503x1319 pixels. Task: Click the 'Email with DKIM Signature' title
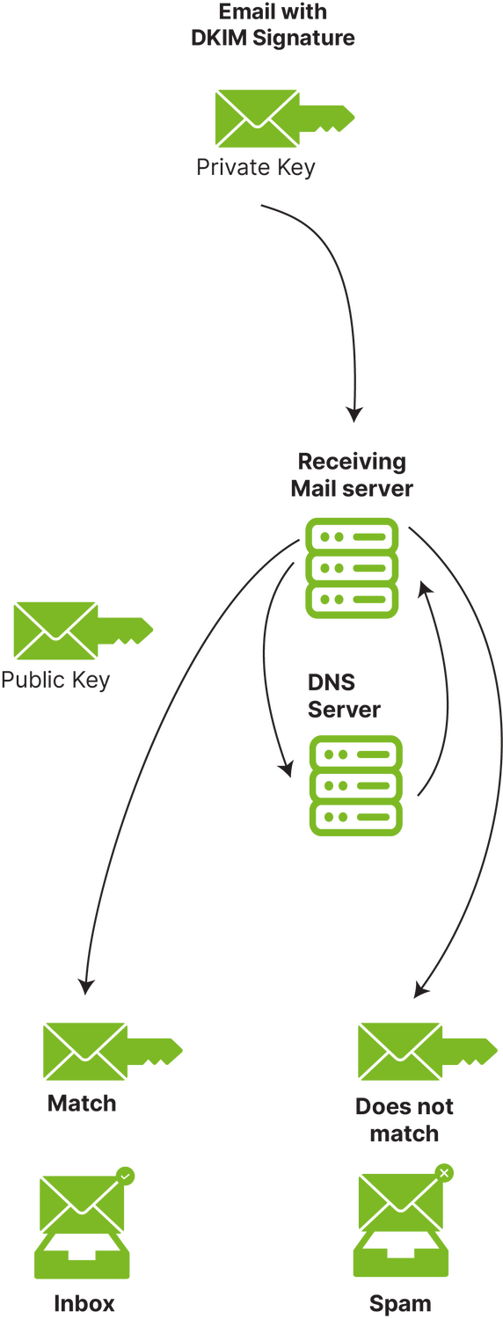(x=273, y=25)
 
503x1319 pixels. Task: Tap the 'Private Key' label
(x=256, y=167)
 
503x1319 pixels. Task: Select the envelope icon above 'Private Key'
(x=257, y=119)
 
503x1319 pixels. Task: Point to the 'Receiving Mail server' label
(x=352, y=475)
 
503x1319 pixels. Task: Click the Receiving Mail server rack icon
(x=352, y=568)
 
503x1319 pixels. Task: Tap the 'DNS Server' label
(x=343, y=696)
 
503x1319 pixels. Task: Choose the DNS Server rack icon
(x=356, y=785)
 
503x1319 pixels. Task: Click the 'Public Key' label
(x=55, y=680)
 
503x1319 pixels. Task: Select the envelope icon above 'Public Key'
(x=55, y=630)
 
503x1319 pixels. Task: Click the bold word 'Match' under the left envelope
(x=82, y=1103)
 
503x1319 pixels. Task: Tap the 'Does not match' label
(x=404, y=1119)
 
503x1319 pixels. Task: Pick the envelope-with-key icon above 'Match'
(x=113, y=1051)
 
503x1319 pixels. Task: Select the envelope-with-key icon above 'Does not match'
(x=427, y=1051)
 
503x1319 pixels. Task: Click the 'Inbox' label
(x=84, y=1303)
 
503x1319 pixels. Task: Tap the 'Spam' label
(x=400, y=1304)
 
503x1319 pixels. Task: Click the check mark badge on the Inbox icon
(x=125, y=1176)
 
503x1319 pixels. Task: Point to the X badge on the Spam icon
(x=444, y=1173)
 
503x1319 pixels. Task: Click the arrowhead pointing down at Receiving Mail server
(x=354, y=414)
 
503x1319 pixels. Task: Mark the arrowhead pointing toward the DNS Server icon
(x=287, y=769)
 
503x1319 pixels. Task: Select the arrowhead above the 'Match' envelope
(x=86, y=986)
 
